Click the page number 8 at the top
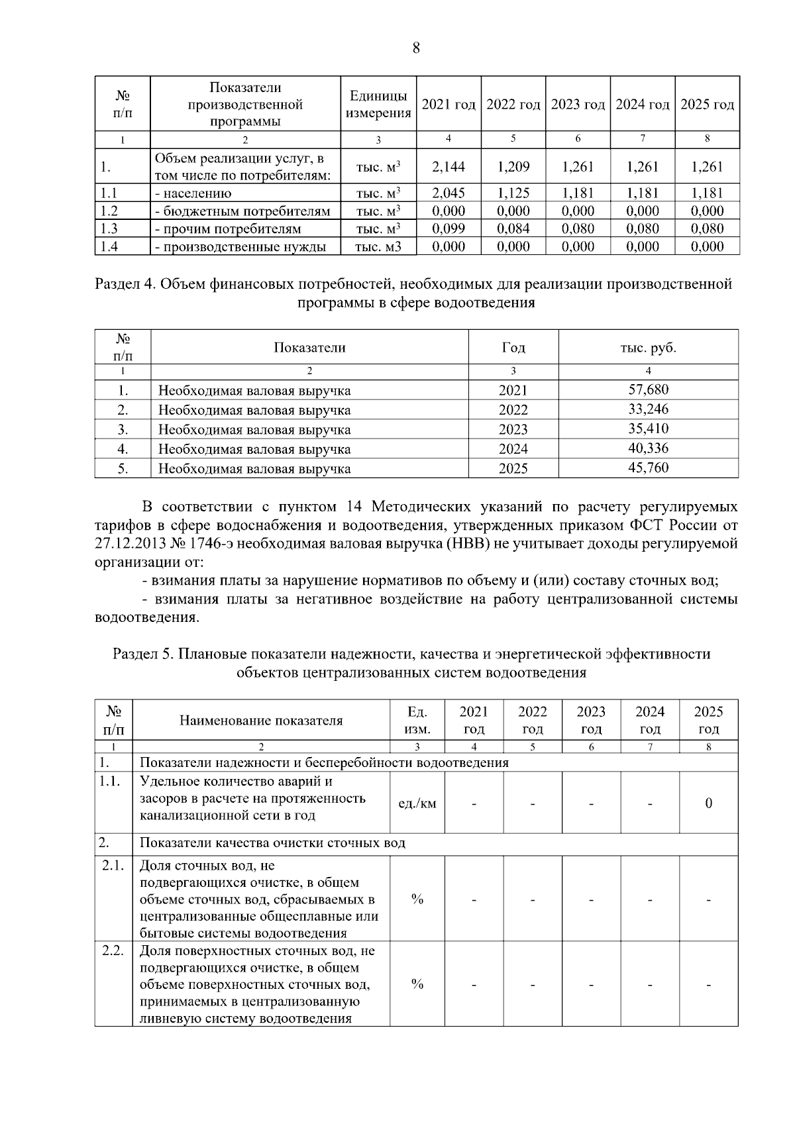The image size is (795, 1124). click(x=416, y=48)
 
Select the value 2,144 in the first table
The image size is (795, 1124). click(x=449, y=167)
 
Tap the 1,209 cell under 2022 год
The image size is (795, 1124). click(x=513, y=167)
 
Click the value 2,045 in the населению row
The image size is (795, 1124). click(x=449, y=193)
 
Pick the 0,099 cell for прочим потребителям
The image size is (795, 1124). click(x=449, y=229)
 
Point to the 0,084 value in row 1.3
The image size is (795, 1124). click(x=513, y=229)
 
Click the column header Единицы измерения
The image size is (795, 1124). click(x=378, y=105)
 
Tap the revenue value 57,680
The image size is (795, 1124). click(x=648, y=389)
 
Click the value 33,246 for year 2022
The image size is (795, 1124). click(x=648, y=409)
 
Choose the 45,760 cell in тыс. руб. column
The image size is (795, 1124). click(x=648, y=468)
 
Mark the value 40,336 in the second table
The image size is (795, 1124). click(x=648, y=448)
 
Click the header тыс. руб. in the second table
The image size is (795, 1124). click(x=648, y=348)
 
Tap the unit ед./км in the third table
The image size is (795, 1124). click(x=417, y=803)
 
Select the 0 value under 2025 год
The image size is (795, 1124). click(x=708, y=803)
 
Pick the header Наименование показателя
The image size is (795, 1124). click(x=261, y=720)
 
